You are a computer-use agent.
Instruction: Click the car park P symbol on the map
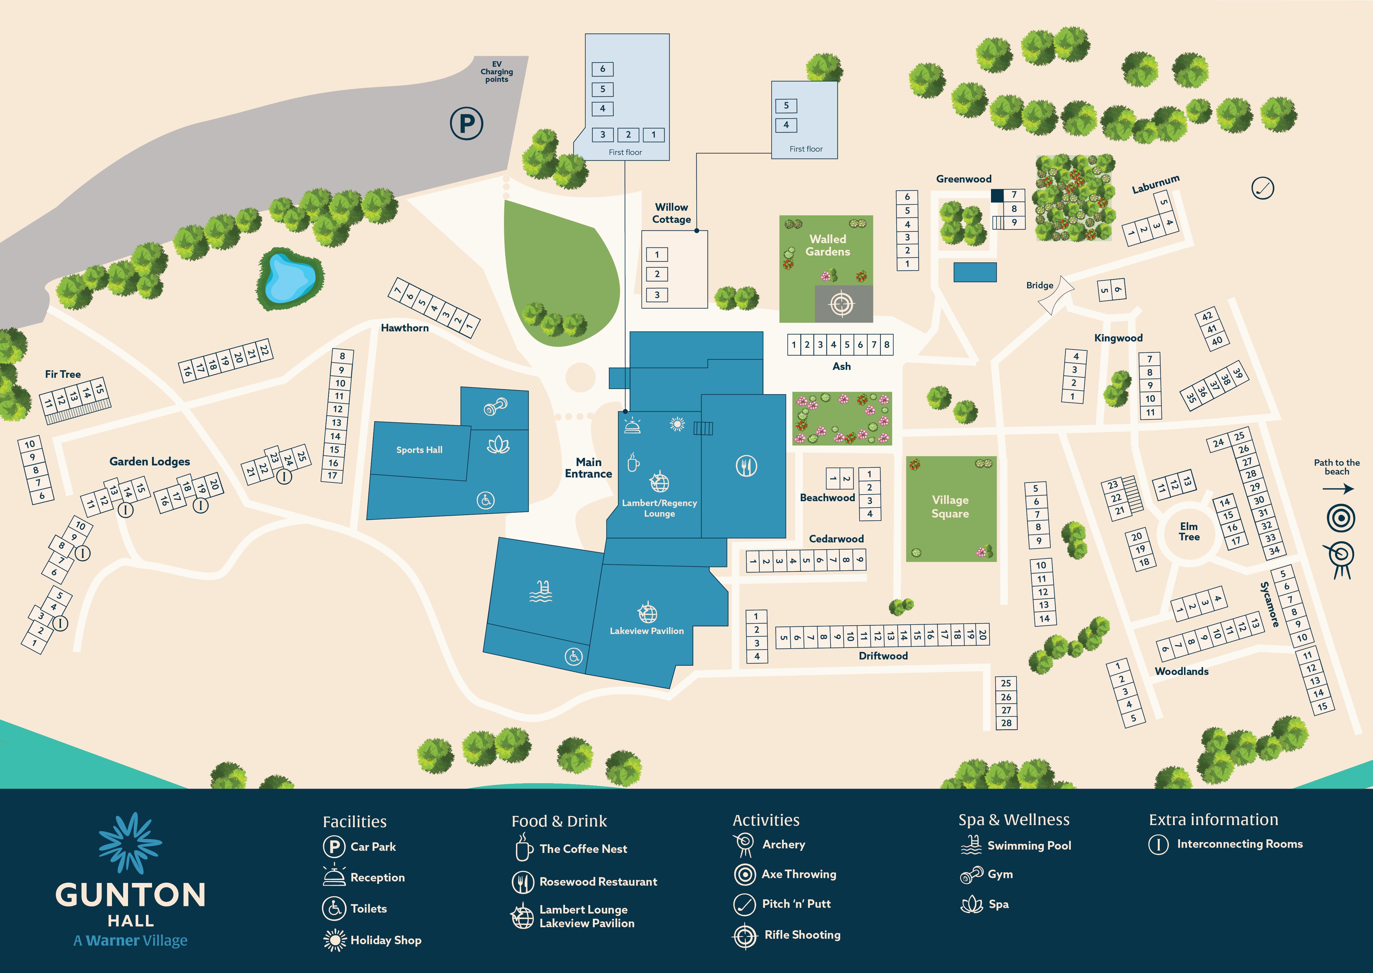(x=466, y=123)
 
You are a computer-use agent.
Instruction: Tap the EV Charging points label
(x=496, y=72)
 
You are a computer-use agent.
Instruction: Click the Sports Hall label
(x=419, y=450)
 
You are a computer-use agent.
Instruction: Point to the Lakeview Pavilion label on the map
(x=646, y=631)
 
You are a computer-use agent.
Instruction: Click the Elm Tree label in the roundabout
(x=1189, y=532)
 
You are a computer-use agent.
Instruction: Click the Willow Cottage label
(x=671, y=213)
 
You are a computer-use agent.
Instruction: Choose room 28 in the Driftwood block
(x=1006, y=723)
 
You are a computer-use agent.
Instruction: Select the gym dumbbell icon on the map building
(x=495, y=407)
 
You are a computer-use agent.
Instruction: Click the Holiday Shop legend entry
(x=386, y=940)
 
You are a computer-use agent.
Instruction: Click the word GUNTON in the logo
(x=131, y=895)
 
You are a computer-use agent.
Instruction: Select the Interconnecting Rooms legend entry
(x=1239, y=844)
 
